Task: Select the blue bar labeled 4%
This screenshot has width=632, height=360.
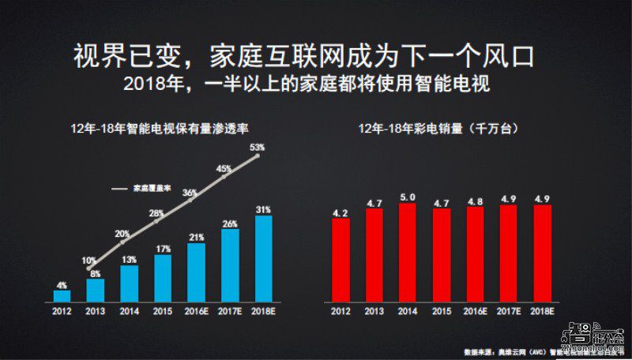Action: pyautogui.click(x=62, y=296)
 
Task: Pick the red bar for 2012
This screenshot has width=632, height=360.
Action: pyautogui.click(x=340, y=261)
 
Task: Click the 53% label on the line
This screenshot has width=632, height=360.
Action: pyautogui.click(x=256, y=147)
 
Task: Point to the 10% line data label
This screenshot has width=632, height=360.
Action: pyautogui.click(x=88, y=261)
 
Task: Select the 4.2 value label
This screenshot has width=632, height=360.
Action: pyautogui.click(x=340, y=212)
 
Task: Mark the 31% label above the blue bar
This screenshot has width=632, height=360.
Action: pyautogui.click(x=263, y=209)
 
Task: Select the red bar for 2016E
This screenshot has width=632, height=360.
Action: pyautogui.click(x=475, y=256)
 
